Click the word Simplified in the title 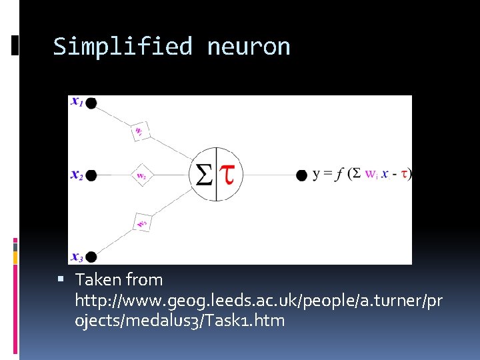coord(122,47)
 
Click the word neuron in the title coord(249,47)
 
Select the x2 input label coord(77,175)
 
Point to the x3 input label coord(77,257)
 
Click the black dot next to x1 coord(91,103)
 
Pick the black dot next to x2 coord(91,175)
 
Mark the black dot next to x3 coord(91,257)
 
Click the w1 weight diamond coord(140,130)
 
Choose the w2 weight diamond coord(141,175)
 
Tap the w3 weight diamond coord(141,222)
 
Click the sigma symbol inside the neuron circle coord(203,175)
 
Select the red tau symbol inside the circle coord(229,174)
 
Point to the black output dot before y coord(301,175)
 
